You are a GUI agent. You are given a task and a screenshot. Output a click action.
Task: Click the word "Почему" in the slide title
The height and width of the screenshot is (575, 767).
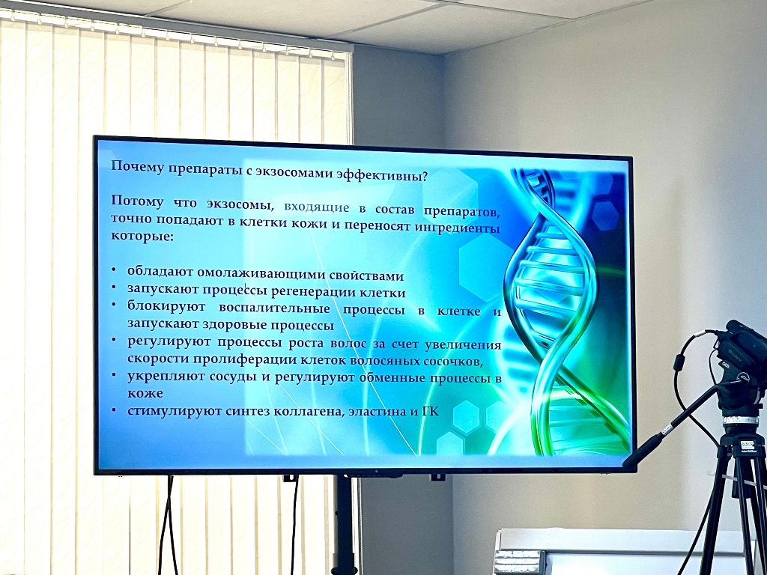click(138, 167)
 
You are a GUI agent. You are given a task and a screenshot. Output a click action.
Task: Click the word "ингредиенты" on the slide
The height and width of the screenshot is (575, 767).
click(457, 228)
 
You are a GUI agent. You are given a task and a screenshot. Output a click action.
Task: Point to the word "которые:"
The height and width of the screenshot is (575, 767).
click(142, 235)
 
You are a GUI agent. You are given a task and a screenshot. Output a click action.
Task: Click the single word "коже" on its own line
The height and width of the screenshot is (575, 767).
click(145, 393)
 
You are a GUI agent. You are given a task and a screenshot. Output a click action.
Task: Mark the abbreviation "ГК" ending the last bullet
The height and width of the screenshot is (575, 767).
click(430, 411)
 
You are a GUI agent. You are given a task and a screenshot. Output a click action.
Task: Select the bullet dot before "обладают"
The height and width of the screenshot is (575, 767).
click(114, 270)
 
